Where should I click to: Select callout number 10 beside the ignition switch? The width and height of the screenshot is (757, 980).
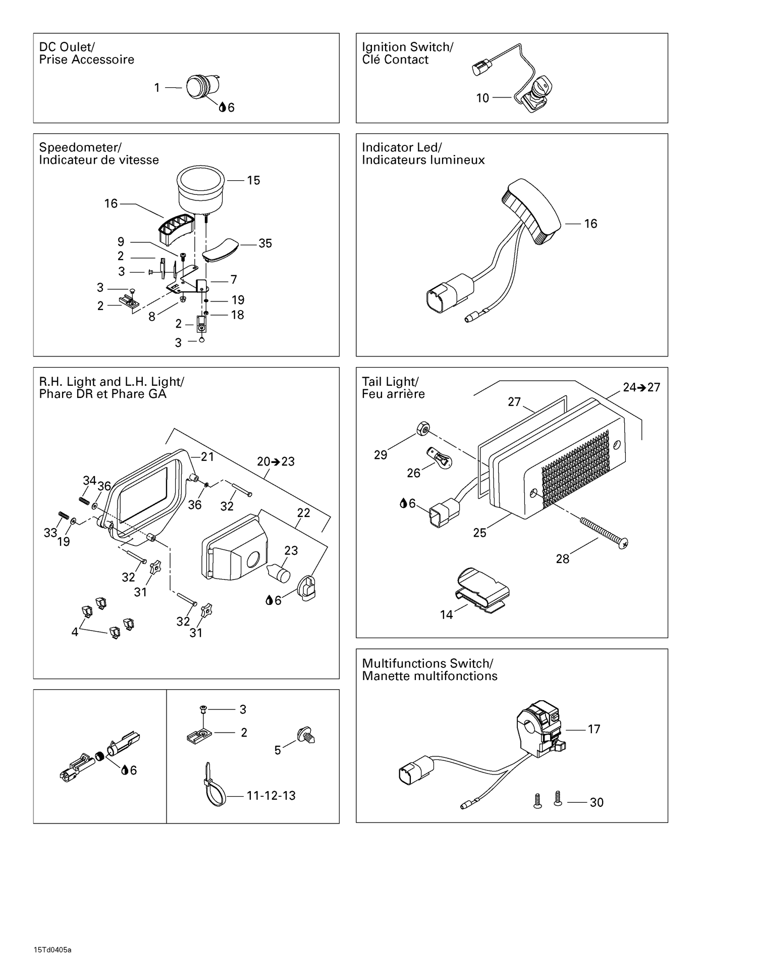482,98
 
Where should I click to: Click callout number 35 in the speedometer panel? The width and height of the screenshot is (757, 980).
265,243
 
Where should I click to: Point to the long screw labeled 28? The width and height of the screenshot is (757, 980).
604,531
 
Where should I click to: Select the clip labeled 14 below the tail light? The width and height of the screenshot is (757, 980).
482,590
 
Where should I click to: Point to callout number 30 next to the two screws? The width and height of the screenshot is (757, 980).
597,802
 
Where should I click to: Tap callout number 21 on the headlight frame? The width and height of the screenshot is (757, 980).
207,457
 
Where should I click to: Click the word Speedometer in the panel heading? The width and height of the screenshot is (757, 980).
80,147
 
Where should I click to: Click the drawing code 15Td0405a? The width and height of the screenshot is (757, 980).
53,950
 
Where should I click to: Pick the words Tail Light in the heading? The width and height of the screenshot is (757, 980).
390,382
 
